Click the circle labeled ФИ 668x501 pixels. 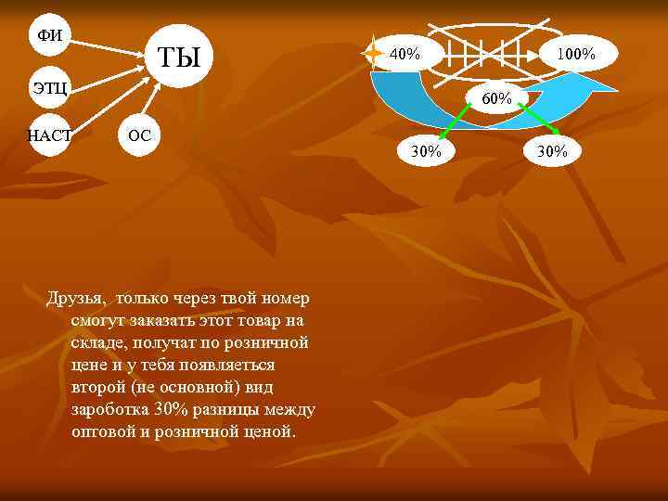click(x=49, y=35)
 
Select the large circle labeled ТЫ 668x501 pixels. click(x=178, y=58)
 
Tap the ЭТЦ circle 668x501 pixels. click(x=49, y=87)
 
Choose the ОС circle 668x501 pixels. click(x=139, y=135)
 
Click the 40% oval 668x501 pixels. click(x=405, y=54)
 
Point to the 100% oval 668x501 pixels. click(x=575, y=54)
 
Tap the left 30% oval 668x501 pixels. click(x=427, y=150)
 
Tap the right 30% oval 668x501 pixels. click(x=551, y=150)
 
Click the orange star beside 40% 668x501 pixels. click(x=374, y=53)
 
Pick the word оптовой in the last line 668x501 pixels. click(x=103, y=431)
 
